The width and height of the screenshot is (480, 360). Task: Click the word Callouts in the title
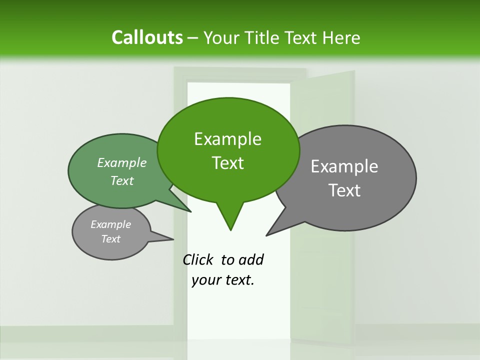point(147,37)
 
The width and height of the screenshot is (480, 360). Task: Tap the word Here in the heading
point(341,37)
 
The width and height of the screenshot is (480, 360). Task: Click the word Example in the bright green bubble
point(227,139)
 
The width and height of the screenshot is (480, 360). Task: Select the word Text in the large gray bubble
point(345,190)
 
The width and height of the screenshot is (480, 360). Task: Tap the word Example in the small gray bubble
point(110,224)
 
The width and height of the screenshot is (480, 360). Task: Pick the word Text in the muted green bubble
point(122,181)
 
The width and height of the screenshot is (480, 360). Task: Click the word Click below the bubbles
point(198,259)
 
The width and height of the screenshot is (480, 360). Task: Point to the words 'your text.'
point(223,280)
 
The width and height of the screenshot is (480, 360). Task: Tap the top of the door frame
point(240,71)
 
